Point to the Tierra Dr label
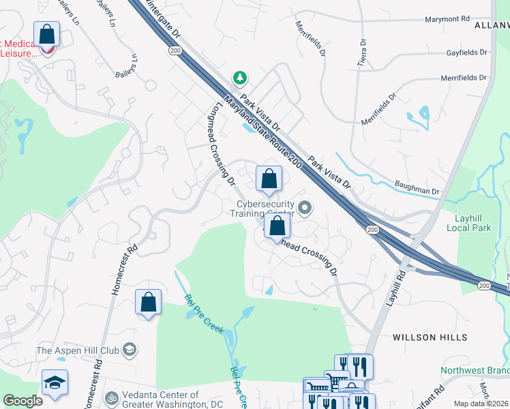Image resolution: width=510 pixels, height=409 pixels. pos(361,52)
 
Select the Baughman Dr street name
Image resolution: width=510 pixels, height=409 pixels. pos(417,187)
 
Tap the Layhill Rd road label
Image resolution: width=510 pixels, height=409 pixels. pos(395,287)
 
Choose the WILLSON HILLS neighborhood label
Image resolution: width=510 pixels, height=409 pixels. pos(430,337)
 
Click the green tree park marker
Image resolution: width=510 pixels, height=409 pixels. pos(239,78)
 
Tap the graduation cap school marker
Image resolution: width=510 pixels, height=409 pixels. pos(55,382)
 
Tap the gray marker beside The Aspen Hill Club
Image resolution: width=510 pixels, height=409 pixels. pos(129,351)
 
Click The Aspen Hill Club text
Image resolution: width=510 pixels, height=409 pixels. pos(78,351)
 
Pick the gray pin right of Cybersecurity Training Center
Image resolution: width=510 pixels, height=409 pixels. pos(305,208)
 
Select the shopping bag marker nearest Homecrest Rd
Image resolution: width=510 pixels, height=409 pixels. pos(148,302)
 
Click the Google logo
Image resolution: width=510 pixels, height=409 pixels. pos(22,401)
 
